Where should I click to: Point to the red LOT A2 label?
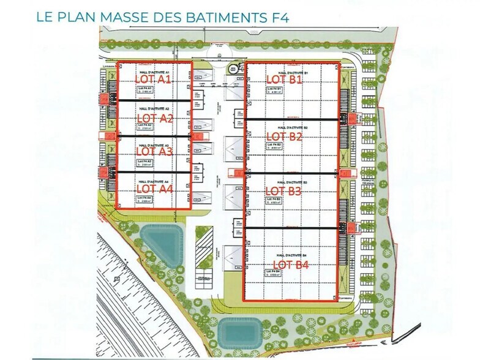[155, 118]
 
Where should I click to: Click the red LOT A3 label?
[154, 151]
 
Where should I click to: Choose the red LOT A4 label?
[154, 189]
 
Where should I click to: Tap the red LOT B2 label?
[285, 137]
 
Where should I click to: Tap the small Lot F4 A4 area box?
[145, 199]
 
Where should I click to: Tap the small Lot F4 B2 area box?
[275, 145]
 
